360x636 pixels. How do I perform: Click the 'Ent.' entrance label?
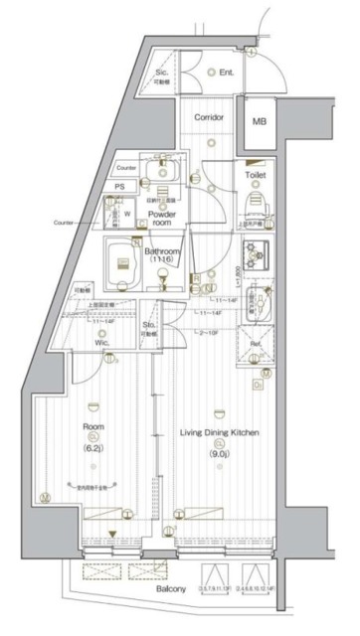227,72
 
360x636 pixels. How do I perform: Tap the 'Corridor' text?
209,116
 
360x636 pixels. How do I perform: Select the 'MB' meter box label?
260,121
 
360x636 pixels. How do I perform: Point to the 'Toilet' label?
256,174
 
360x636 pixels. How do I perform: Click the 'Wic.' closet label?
101,345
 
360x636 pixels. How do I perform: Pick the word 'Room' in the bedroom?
94,431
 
